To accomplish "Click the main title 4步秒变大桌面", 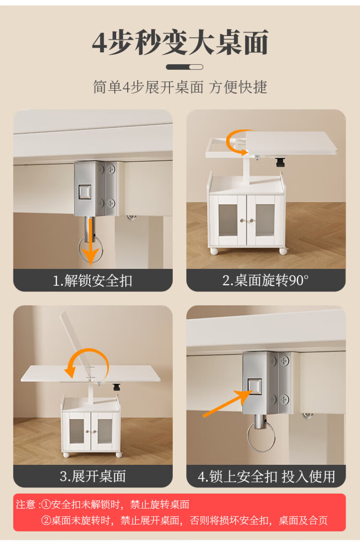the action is (180, 42).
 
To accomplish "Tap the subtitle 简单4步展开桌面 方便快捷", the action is (180, 87).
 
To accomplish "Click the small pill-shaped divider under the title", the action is (184, 67).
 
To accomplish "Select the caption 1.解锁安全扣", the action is (93, 280).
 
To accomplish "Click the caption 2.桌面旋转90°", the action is (265, 280).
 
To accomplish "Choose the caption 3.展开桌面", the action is (93, 476).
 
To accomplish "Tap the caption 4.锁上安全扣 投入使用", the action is (266, 476).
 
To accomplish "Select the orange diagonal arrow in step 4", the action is (228, 403).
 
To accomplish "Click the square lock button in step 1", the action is (85, 192).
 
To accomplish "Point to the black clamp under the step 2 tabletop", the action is (280, 163).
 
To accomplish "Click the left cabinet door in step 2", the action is (228, 219).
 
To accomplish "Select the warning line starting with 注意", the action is (103, 504).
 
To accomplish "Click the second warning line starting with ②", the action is (184, 521).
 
